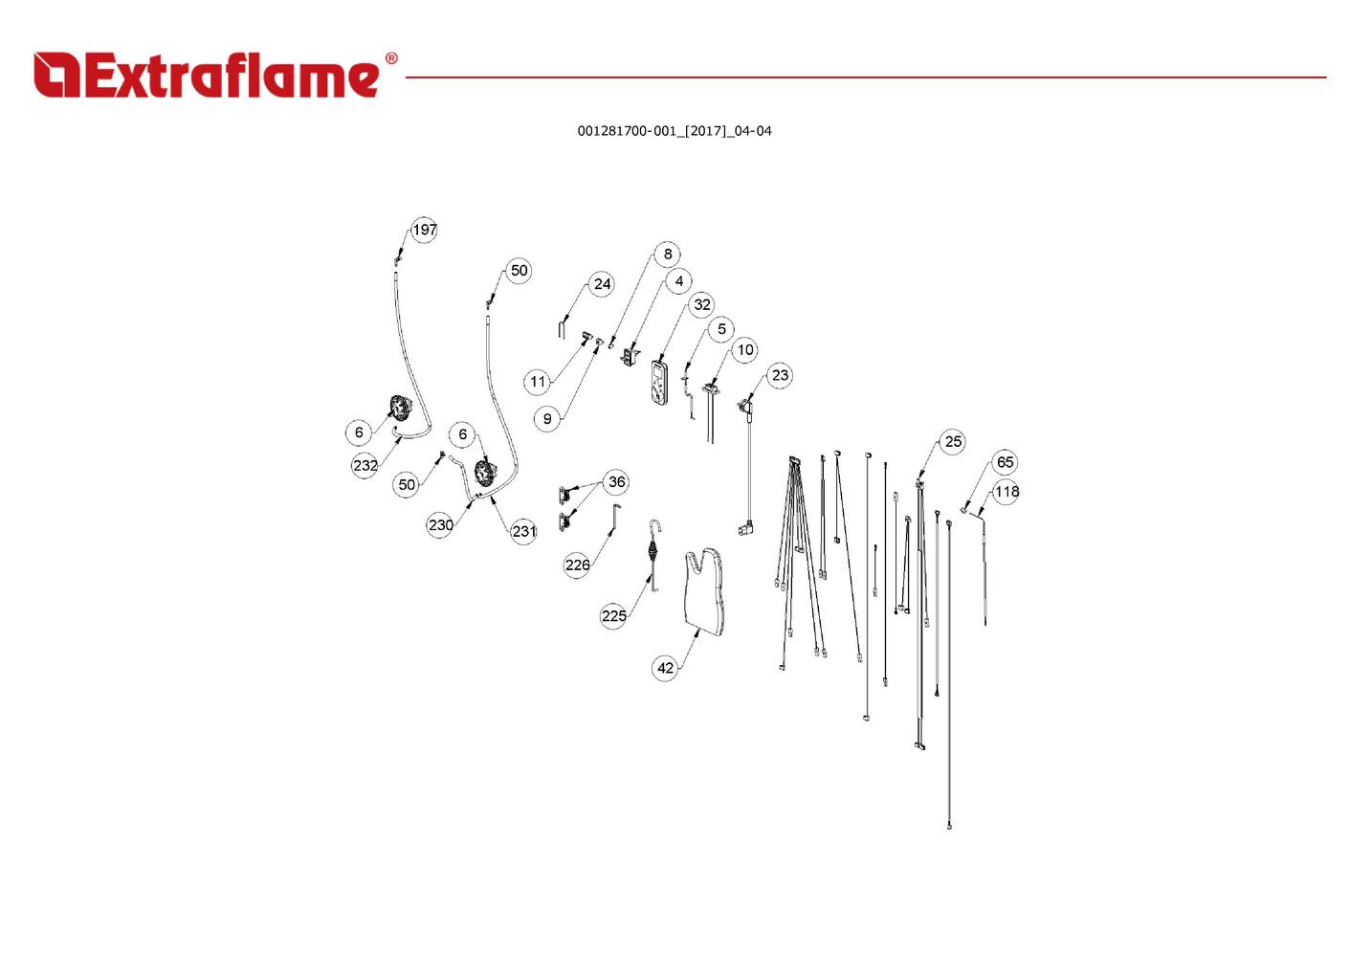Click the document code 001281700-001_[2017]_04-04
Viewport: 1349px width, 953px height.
coord(674,131)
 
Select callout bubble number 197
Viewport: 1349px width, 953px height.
coord(424,230)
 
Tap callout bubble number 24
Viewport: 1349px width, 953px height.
coord(602,284)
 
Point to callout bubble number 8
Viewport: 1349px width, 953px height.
coord(668,254)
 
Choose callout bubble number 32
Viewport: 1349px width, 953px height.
coord(702,304)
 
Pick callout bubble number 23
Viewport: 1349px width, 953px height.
coord(781,375)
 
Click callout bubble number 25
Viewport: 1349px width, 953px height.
coord(953,441)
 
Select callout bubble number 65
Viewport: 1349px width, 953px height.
coord(1005,462)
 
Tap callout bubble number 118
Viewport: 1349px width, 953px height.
coord(1006,492)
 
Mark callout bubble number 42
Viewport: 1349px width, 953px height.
coord(666,668)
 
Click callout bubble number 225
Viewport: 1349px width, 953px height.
coord(614,615)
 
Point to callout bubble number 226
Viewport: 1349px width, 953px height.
coord(577,565)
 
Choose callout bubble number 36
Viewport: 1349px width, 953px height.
coord(617,482)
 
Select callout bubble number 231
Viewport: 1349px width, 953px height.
coord(524,531)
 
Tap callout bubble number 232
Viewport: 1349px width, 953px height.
coord(365,466)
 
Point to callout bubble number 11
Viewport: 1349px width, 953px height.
coord(538,382)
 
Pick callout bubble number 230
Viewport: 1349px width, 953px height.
coord(441,524)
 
